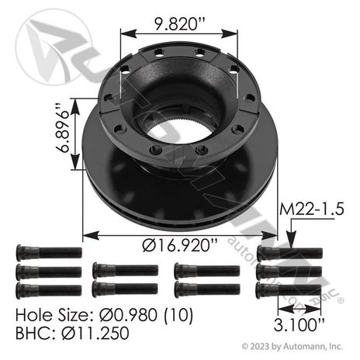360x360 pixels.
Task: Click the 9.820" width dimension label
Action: [x=179, y=24]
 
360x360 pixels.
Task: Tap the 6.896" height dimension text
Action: [x=63, y=128]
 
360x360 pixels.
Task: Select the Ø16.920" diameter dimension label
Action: [x=180, y=245]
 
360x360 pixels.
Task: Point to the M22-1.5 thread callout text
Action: [x=312, y=209]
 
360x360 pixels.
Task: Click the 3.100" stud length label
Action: [x=299, y=324]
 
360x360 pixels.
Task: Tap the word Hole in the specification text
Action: [x=30, y=315]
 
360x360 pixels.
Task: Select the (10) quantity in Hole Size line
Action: [x=178, y=316]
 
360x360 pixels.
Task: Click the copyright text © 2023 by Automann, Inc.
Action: [x=292, y=346]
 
